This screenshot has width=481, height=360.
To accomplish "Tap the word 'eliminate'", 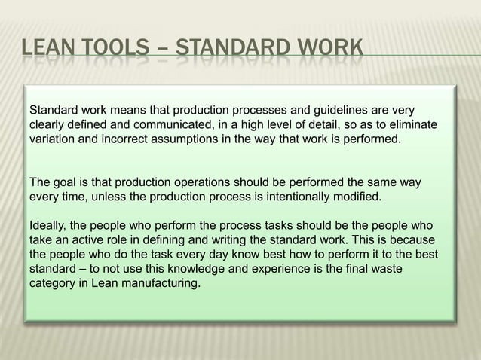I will (412, 124).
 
